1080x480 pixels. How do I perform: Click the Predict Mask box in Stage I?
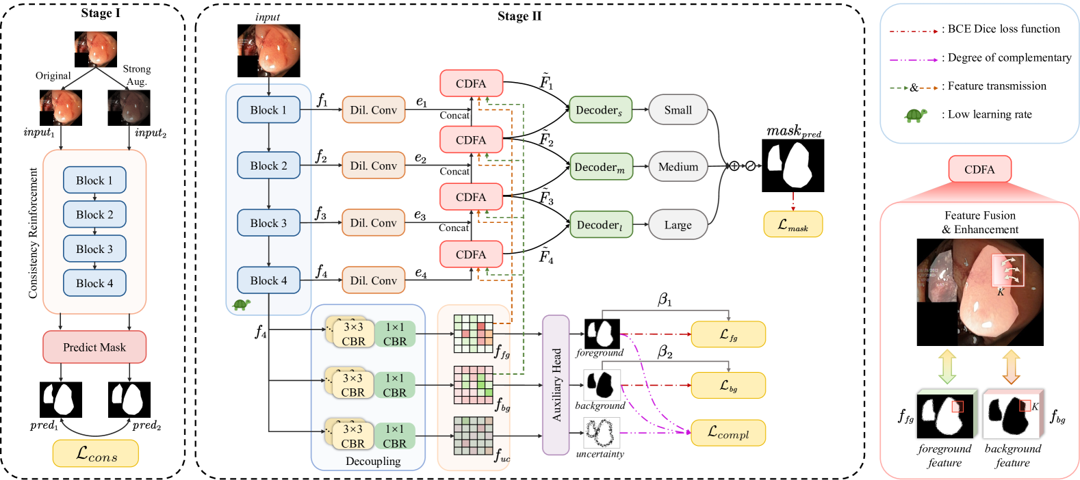94,347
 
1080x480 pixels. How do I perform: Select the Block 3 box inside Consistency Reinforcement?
94,248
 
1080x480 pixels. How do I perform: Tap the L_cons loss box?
96,453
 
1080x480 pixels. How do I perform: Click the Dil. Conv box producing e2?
374,165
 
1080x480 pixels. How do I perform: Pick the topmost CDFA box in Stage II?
471,83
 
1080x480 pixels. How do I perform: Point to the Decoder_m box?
601,167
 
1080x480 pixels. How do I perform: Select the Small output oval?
678,110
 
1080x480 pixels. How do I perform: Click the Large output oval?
678,224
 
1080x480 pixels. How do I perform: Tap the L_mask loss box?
793,224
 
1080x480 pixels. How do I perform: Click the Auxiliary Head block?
556,385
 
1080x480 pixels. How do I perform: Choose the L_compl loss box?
728,433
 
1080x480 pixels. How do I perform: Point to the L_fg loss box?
728,334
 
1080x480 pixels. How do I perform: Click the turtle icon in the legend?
915,115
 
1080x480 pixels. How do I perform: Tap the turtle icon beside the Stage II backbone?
242,304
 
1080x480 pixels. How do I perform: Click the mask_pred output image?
793,165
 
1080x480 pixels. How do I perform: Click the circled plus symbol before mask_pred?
734,166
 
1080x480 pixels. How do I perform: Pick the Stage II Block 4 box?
268,280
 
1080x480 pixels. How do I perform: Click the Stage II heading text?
519,16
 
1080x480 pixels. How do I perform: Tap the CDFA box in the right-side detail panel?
979,169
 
